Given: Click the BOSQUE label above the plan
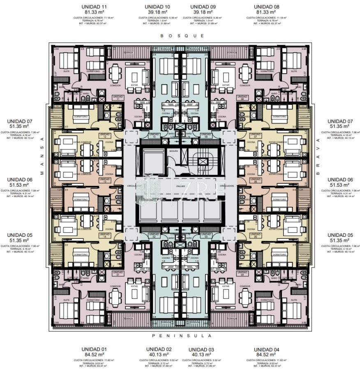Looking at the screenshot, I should (x=182, y=36).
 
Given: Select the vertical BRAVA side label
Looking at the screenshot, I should (x=318, y=156).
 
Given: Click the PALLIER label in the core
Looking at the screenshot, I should (x=180, y=186).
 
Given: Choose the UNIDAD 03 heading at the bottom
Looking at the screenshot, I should (x=201, y=349).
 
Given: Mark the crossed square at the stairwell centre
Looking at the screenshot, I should (x=202, y=162).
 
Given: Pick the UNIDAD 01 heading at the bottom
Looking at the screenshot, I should (x=94, y=349).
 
